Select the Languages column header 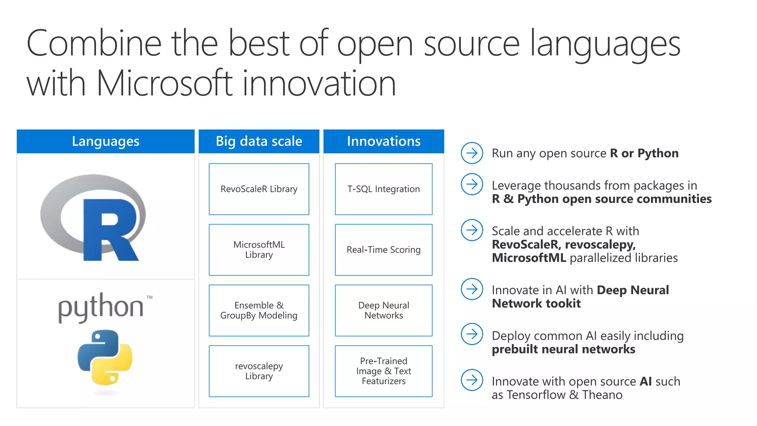pos(105,141)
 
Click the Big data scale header pos(259,141)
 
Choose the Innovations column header pos(384,141)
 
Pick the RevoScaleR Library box pos(259,189)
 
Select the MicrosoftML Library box pos(259,250)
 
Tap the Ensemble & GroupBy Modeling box pos(259,310)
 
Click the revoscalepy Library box pos(259,371)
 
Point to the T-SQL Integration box pos(384,189)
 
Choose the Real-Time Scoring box pos(384,250)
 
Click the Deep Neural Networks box pos(384,310)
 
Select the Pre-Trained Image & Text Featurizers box pos(384,371)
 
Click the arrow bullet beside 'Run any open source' pos(472,153)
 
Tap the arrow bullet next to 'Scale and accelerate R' pos(472,230)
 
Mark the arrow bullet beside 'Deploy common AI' pos(472,334)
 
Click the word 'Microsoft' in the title pos(164,83)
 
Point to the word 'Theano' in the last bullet pos(602,395)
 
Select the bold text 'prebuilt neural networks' pos(563,349)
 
